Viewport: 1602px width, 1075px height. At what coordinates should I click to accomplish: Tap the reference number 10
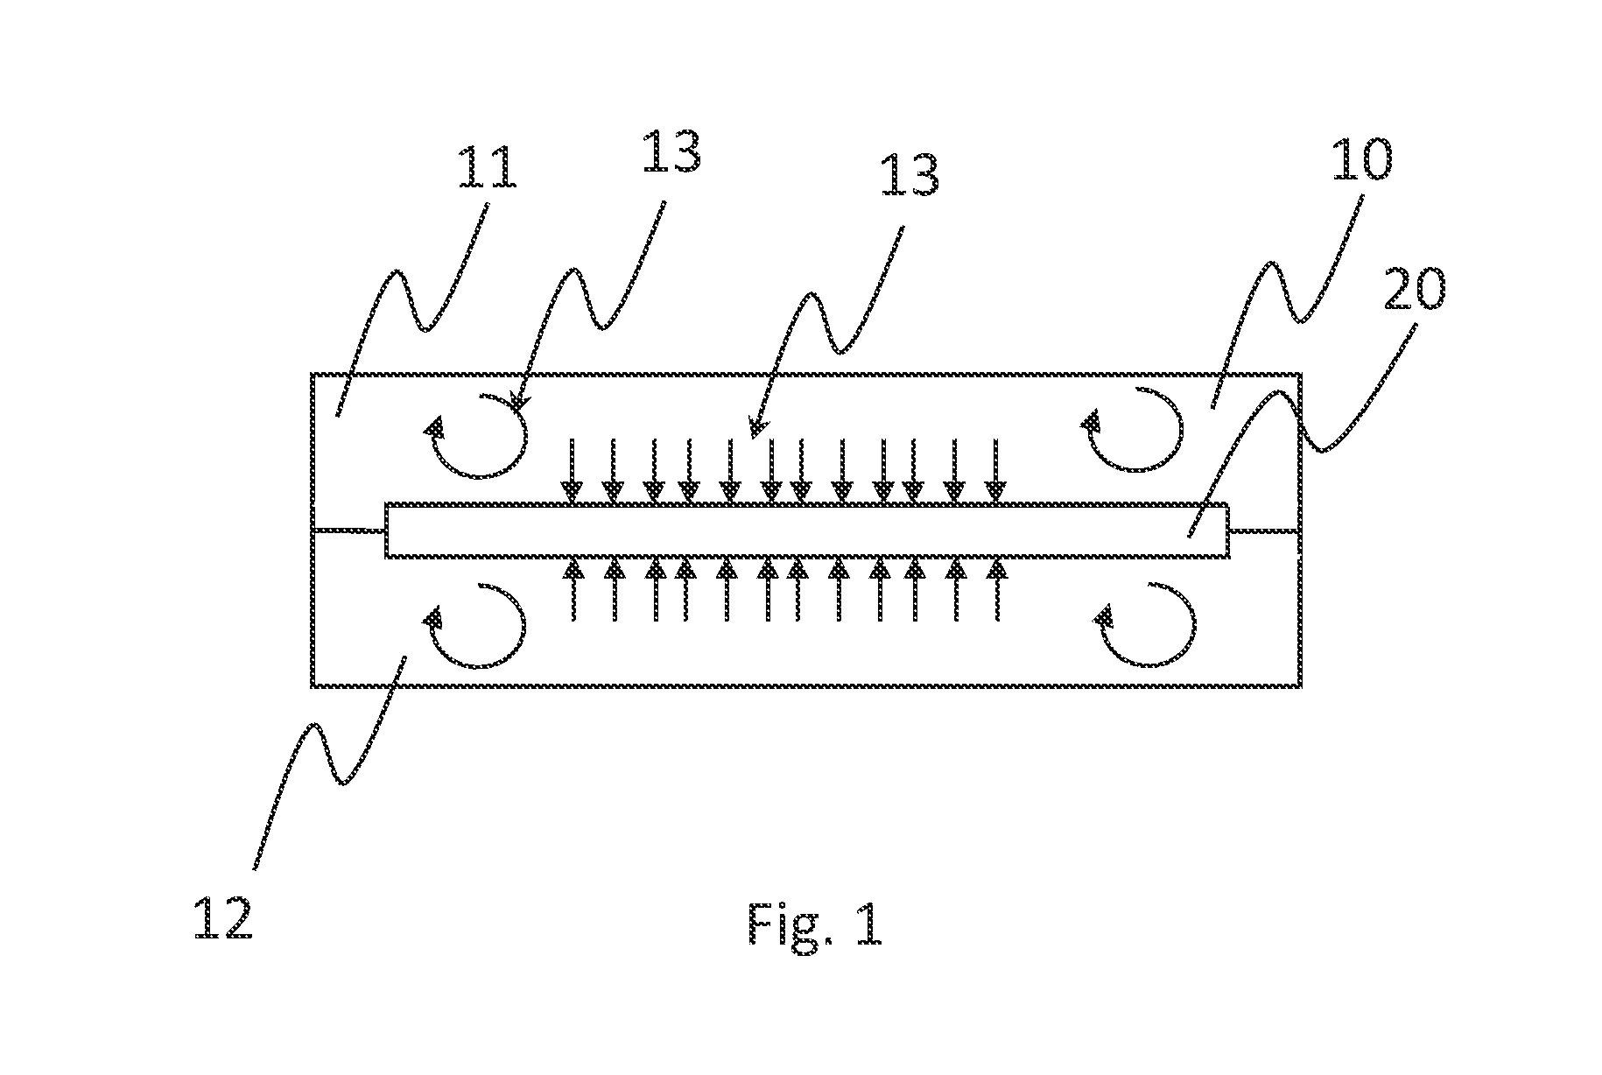click(1360, 161)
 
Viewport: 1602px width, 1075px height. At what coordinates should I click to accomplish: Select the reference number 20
click(1413, 291)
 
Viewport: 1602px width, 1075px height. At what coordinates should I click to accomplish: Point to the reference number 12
click(223, 918)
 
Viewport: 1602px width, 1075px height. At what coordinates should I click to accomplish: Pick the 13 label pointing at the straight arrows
click(910, 176)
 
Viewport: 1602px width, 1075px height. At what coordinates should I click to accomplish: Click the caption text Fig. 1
click(815, 924)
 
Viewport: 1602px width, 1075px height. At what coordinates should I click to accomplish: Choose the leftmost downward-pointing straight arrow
click(573, 471)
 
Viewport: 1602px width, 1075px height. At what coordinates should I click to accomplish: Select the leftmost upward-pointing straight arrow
click(573, 590)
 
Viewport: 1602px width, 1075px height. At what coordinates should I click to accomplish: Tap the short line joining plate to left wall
click(348, 530)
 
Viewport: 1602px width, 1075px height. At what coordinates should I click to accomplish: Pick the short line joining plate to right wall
click(1265, 530)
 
